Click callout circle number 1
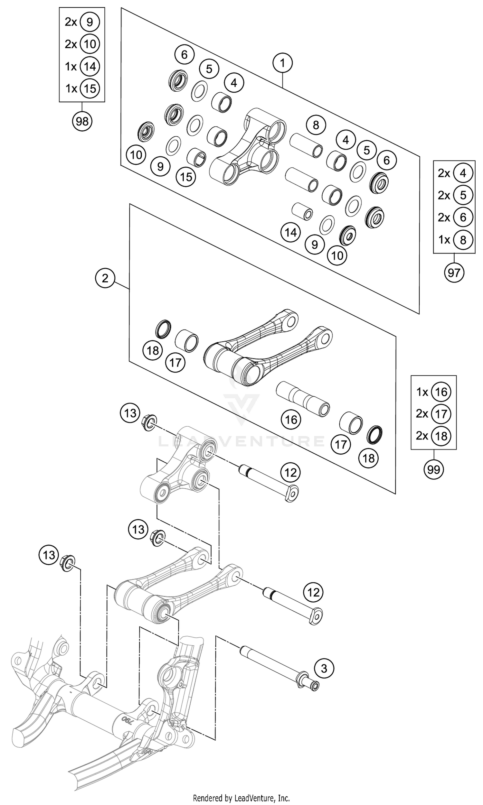(282, 63)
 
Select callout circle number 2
(105, 278)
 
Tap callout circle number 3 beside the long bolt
(324, 669)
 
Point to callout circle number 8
(316, 125)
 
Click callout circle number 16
(291, 420)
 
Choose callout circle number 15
(186, 177)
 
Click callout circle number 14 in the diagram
(291, 233)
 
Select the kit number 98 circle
(82, 121)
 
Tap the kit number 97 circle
(454, 273)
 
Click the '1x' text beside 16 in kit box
(422, 392)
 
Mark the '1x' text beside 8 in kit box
(444, 240)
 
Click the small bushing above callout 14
(302, 211)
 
